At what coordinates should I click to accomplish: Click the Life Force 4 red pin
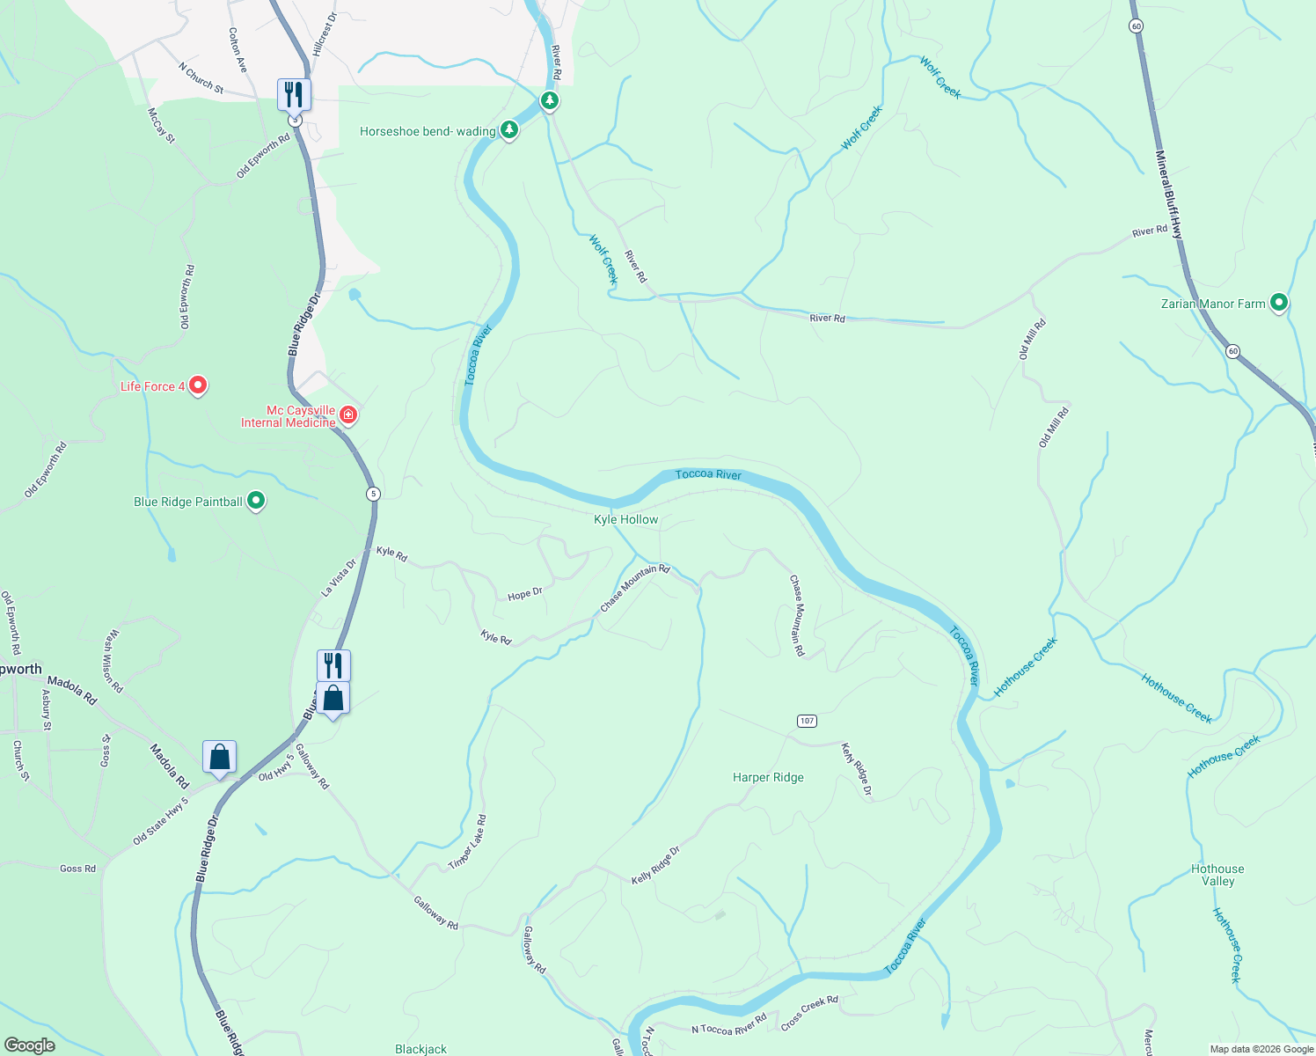click(x=198, y=385)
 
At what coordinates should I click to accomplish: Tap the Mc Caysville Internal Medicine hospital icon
click(x=348, y=414)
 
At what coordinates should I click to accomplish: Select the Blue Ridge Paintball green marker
click(x=256, y=501)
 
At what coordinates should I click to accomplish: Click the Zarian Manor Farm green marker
click(x=1279, y=303)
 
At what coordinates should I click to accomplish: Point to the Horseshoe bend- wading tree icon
click(x=508, y=130)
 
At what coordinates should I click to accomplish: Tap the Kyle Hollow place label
click(x=625, y=519)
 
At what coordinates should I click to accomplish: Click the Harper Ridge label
click(x=768, y=777)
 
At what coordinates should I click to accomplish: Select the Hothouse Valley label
click(x=1217, y=875)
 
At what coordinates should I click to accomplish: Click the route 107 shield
click(x=807, y=721)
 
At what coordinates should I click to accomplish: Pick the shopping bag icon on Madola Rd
click(x=219, y=757)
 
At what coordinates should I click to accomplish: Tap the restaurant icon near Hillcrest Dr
click(x=294, y=94)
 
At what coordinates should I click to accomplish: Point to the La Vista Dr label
click(x=339, y=578)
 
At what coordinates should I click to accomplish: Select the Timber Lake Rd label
click(x=467, y=842)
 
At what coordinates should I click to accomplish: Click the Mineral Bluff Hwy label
click(x=1169, y=194)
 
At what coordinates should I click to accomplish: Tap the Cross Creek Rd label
click(x=809, y=1013)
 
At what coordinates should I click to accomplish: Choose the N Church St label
click(x=201, y=77)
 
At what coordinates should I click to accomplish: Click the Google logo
click(x=30, y=1045)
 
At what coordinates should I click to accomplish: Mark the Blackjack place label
click(x=420, y=1048)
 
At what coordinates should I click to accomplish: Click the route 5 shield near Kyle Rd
click(x=374, y=494)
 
